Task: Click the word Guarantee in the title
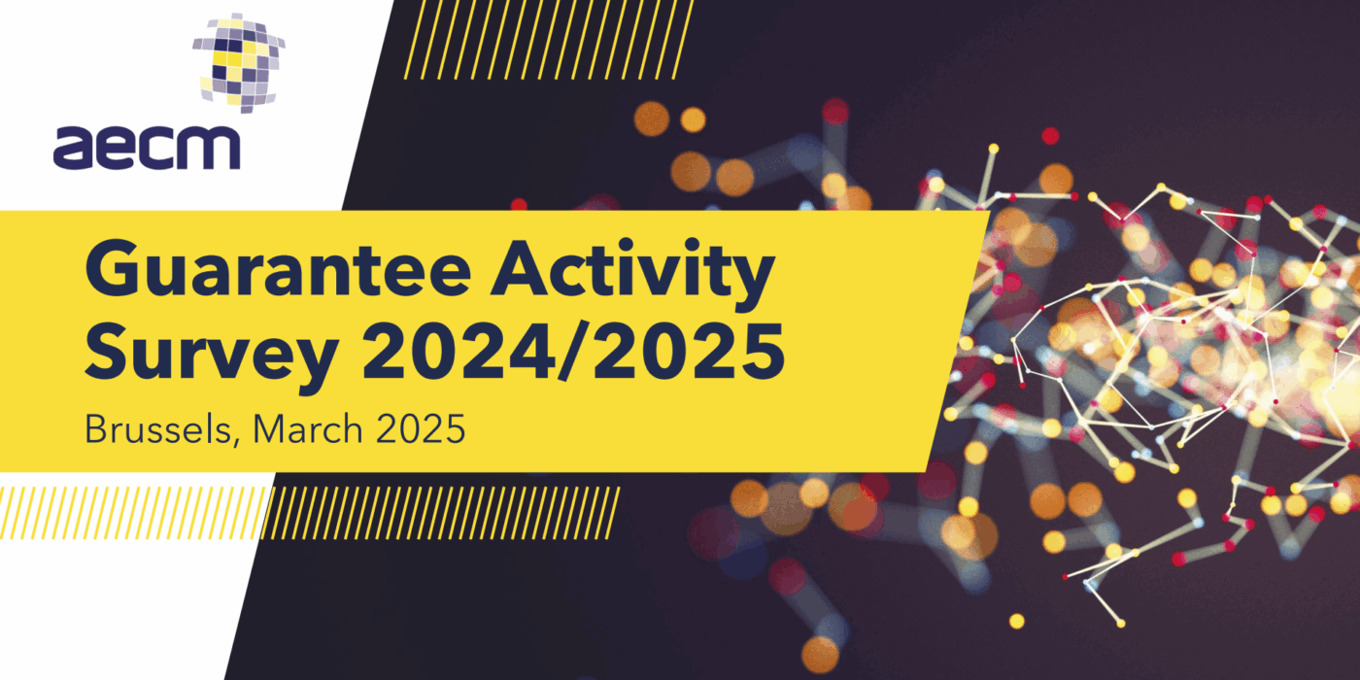point(279,268)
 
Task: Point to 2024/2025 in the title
point(574,352)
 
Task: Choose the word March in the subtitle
point(308,429)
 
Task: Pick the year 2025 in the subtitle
point(421,429)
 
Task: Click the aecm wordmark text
point(147,148)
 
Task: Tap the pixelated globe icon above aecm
point(239,62)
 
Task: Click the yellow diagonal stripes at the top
point(549,40)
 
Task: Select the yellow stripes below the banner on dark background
point(441,513)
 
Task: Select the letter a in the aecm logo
point(74,148)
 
